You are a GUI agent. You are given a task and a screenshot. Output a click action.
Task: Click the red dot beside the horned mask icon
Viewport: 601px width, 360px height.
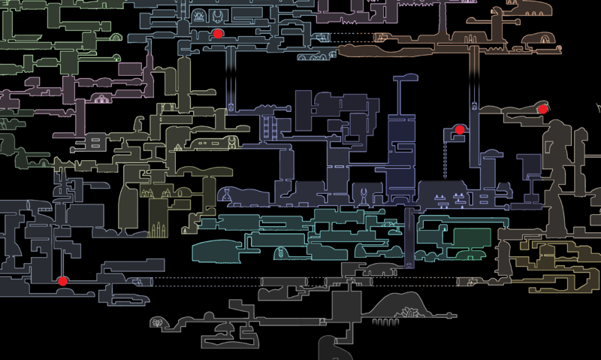[x=218, y=34]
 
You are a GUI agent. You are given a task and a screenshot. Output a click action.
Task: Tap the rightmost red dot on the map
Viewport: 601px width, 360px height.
[x=542, y=109]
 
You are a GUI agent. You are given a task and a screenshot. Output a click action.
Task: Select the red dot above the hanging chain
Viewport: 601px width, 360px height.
[x=460, y=130]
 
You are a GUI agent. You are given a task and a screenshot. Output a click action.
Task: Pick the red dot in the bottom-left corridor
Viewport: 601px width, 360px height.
[x=62, y=281]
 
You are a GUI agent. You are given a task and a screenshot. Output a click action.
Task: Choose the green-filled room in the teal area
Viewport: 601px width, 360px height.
[x=472, y=237]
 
